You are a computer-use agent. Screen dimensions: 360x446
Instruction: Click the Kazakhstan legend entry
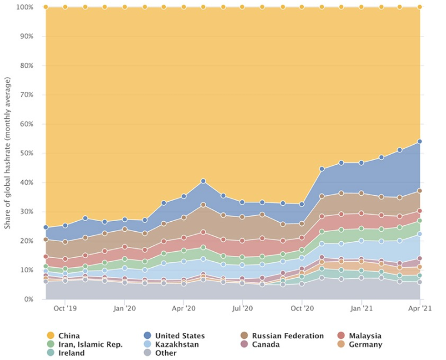click(177, 345)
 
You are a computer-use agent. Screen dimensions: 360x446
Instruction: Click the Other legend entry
click(166, 353)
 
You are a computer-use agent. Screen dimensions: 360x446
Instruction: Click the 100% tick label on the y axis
click(25, 7)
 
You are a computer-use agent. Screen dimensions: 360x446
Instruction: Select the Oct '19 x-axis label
click(65, 308)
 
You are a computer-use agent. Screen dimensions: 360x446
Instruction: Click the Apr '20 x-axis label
click(184, 308)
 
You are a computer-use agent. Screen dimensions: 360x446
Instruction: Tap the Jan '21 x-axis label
click(361, 308)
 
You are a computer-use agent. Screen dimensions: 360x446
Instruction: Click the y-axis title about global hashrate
click(8, 154)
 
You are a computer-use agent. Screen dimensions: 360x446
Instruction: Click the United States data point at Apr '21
click(420, 141)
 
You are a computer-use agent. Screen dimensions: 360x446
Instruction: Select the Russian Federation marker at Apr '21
click(420, 191)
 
